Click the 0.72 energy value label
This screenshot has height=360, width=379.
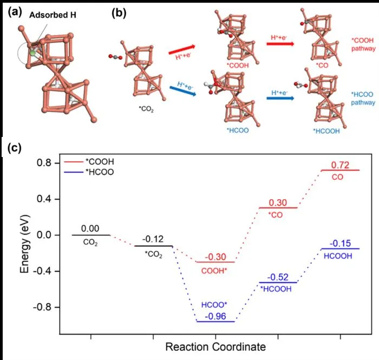pyautogui.click(x=340, y=165)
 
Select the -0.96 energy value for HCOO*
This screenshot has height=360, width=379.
pyautogui.click(x=215, y=316)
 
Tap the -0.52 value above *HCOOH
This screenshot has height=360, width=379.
pyautogui.click(x=278, y=277)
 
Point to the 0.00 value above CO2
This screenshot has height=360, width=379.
pyautogui.click(x=90, y=228)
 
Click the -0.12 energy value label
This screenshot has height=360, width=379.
pyautogui.click(x=153, y=239)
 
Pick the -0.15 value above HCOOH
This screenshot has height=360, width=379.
pyautogui.click(x=340, y=243)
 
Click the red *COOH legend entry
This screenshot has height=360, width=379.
pyautogui.click(x=89, y=161)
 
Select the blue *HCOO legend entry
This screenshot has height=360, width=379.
pyautogui.click(x=89, y=172)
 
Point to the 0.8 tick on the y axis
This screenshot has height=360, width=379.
pyautogui.click(x=44, y=163)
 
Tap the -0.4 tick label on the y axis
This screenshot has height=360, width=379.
pyautogui.click(x=42, y=271)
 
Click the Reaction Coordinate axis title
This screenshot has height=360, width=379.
pyautogui.click(x=215, y=347)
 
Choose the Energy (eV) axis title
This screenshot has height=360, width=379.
pyautogui.click(x=24, y=244)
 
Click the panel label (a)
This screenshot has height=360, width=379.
pyautogui.click(x=15, y=12)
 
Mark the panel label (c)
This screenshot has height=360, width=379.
pyautogui.click(x=15, y=147)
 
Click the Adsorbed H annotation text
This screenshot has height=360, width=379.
pyautogui.click(x=53, y=15)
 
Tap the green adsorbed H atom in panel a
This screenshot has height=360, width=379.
pyautogui.click(x=32, y=53)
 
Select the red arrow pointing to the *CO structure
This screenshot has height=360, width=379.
pyautogui.click(x=280, y=44)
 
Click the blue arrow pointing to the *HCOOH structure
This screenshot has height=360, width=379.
pyautogui.click(x=280, y=98)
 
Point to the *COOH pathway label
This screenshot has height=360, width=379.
pyautogui.click(x=363, y=44)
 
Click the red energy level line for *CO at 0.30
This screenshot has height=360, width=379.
pyautogui.click(x=278, y=208)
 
